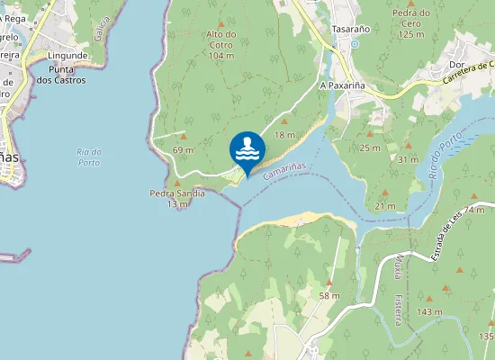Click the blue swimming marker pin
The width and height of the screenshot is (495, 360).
[x=247, y=149]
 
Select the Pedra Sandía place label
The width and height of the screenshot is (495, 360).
[x=177, y=198]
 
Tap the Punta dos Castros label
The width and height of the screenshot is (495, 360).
[x=67, y=75]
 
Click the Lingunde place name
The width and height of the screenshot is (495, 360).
[x=67, y=55]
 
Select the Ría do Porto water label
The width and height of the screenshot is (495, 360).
[x=89, y=157]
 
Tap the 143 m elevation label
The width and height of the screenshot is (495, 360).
[x=430, y=311]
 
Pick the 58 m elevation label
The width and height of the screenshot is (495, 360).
[x=329, y=295]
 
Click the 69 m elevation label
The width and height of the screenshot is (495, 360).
[x=183, y=149]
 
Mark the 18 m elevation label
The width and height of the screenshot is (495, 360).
[x=284, y=135]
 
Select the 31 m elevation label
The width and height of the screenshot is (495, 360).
[x=409, y=159]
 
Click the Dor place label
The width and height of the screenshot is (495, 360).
[x=456, y=65]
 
